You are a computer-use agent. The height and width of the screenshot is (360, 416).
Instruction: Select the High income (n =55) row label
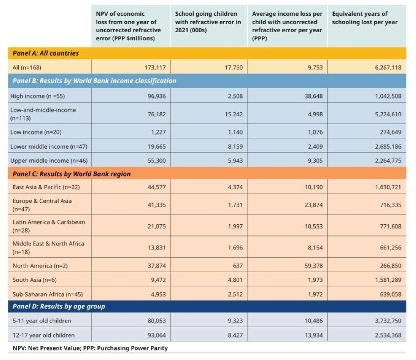[38, 96]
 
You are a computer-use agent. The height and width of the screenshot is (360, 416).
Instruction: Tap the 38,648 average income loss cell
[313, 96]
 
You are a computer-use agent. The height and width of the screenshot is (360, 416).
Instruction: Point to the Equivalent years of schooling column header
[365, 18]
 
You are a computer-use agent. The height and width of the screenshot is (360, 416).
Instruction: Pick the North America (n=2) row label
[38, 266]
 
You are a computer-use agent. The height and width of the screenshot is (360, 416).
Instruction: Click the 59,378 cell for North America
[313, 266]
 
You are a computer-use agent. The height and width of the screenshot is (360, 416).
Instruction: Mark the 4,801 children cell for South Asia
[234, 280]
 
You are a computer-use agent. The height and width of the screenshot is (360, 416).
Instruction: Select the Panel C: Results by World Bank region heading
[70, 174]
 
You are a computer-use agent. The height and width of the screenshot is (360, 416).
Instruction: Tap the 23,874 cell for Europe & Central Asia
[313, 204]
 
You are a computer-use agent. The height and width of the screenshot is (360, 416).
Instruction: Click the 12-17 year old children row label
[42, 335]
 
